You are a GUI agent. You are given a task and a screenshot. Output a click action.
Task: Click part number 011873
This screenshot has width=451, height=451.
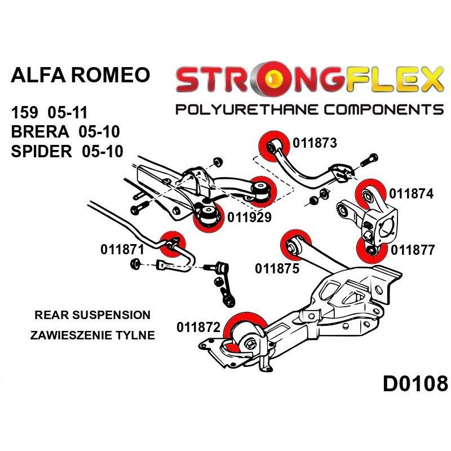(x=315, y=143)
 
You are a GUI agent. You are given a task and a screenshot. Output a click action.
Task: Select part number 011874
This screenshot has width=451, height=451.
(x=412, y=194)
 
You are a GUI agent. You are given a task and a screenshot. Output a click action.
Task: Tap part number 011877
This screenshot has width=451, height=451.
(x=413, y=250)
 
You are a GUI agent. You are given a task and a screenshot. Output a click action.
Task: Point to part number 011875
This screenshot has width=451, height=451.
(x=277, y=269)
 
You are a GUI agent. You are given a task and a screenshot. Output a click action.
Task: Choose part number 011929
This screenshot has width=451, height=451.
(x=249, y=217)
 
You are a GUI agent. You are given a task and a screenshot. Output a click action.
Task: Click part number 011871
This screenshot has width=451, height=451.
(x=122, y=249)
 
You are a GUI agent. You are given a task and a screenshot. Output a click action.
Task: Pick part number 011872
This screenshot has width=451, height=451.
(x=198, y=328)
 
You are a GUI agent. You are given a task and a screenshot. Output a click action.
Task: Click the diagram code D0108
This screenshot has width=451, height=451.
(x=415, y=384)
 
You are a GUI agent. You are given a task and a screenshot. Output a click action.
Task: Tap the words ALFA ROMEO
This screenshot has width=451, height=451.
(x=81, y=75)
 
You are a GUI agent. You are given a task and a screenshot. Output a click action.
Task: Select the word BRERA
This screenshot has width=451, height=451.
(x=40, y=131)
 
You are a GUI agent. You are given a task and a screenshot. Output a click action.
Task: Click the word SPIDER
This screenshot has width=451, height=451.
(x=41, y=151)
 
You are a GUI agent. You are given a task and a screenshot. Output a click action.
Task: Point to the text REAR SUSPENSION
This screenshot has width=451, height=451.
(x=92, y=315)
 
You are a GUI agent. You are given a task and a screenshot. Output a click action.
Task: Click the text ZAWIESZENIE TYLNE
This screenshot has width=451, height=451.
(x=92, y=335)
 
